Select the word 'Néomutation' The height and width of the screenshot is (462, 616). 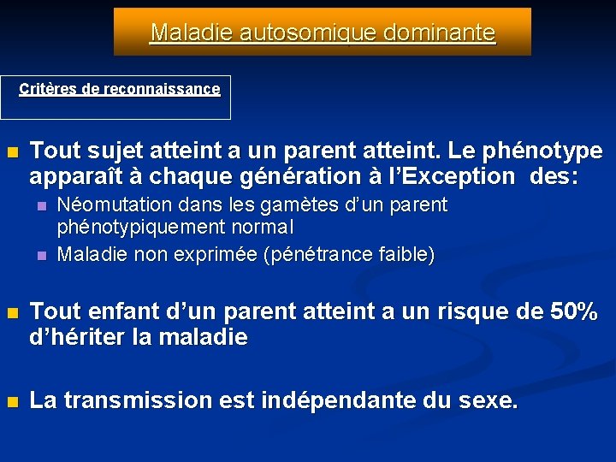(x=107, y=205)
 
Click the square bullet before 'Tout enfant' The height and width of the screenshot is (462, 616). (x=12, y=313)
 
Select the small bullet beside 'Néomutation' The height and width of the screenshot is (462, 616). (x=41, y=206)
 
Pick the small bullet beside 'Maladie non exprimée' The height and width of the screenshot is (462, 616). (x=41, y=255)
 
